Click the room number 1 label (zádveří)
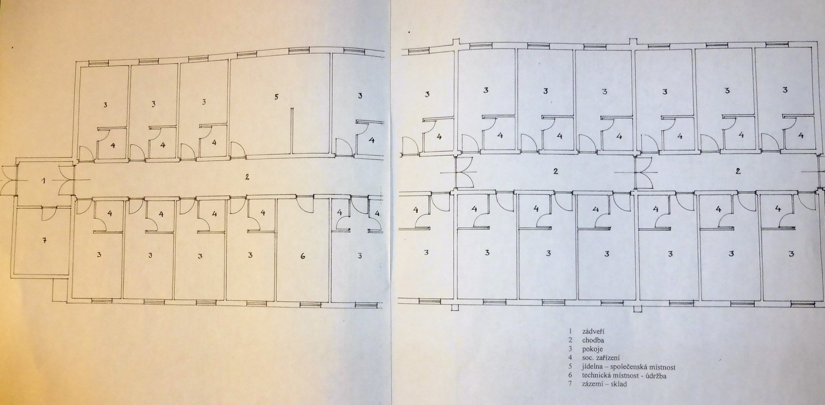(44, 181)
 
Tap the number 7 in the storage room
(44, 240)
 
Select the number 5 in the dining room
(276, 97)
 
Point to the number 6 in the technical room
(302, 256)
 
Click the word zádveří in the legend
(594, 331)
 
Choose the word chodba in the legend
(593, 340)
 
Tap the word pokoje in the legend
(592, 349)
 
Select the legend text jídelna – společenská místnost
(629, 367)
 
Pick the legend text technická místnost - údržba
(624, 376)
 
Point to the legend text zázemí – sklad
(604, 384)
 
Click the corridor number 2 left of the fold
(247, 177)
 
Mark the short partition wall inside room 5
(292, 130)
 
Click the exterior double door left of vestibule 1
(9, 181)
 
